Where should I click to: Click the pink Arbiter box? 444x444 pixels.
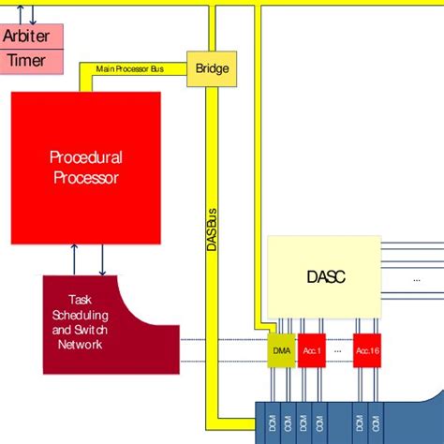point(31,37)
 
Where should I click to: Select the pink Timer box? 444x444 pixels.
point(31,62)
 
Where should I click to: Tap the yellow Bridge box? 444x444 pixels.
point(212,67)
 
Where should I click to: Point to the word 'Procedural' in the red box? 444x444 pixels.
point(85,157)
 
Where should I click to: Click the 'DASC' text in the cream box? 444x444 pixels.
point(327,276)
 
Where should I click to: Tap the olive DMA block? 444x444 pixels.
point(281,350)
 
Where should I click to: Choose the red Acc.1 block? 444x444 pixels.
point(311,350)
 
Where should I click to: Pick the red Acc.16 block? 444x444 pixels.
point(366,350)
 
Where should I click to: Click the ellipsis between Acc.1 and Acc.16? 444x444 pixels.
point(338,350)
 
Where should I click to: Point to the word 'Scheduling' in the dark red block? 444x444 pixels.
point(81,316)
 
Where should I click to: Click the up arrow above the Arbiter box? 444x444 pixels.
point(17,11)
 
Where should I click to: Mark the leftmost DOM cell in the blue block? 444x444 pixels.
point(271,425)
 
